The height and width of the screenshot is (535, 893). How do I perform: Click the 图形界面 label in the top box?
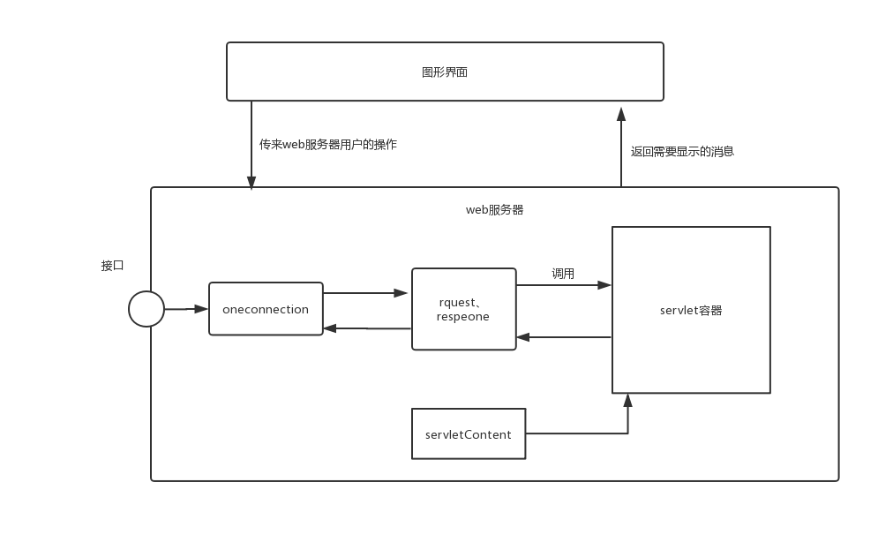(x=444, y=72)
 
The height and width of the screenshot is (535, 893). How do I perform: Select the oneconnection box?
(x=266, y=309)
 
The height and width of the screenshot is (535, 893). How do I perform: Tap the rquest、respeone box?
(x=464, y=309)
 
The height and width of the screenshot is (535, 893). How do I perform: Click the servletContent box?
(x=469, y=433)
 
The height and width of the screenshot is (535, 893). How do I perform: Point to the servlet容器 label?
(x=691, y=311)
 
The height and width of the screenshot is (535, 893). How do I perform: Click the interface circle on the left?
(x=146, y=309)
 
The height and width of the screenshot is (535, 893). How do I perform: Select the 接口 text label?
(x=112, y=266)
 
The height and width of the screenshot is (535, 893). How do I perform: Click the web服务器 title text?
(x=494, y=209)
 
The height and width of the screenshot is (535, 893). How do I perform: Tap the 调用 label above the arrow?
(x=563, y=274)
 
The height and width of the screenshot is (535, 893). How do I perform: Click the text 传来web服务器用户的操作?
(x=328, y=145)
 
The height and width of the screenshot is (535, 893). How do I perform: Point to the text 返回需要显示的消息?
(x=682, y=152)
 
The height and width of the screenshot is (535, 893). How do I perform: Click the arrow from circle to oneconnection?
(x=186, y=309)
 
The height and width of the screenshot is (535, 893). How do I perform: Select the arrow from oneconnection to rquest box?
(x=365, y=293)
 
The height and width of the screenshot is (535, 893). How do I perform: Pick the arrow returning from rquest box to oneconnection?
(x=367, y=328)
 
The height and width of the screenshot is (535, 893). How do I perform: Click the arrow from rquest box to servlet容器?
(x=564, y=285)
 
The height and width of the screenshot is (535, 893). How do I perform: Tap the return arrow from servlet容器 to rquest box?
(x=564, y=337)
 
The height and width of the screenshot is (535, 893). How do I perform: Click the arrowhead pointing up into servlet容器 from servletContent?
(x=627, y=400)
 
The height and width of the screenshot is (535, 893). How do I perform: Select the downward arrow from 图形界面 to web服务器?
(x=251, y=145)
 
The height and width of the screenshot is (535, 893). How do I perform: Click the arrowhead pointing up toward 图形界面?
(x=621, y=114)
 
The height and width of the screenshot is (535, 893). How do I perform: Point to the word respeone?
(x=463, y=317)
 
